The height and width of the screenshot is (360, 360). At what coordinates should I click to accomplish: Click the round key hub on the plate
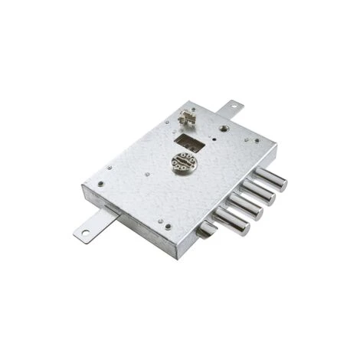pyautogui.click(x=183, y=162)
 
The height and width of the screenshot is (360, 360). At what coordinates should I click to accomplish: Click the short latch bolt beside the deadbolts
pyautogui.click(x=205, y=229)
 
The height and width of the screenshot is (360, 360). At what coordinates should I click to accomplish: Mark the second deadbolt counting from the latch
pyautogui.click(x=245, y=205)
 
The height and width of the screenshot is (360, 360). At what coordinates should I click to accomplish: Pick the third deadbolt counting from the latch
pyautogui.click(x=258, y=191)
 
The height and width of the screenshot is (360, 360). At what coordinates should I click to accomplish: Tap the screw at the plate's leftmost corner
pyautogui.click(x=99, y=185)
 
